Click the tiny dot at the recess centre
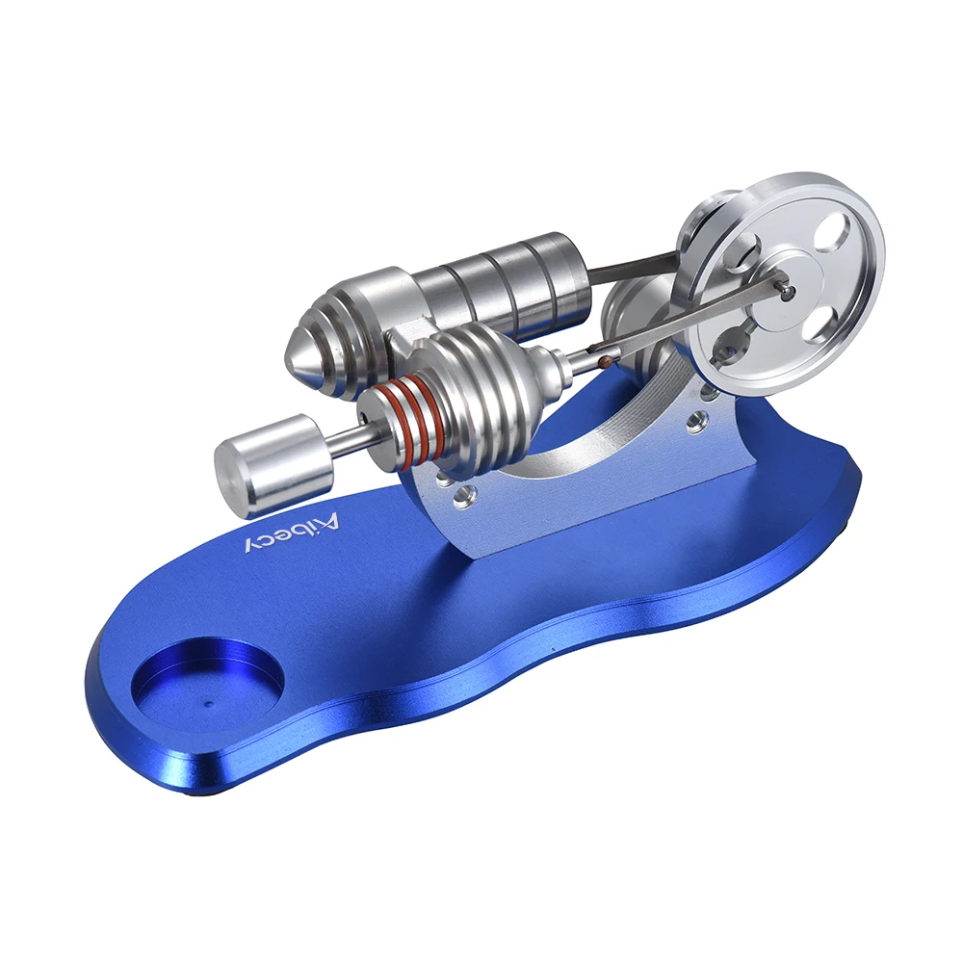click(208, 705)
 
